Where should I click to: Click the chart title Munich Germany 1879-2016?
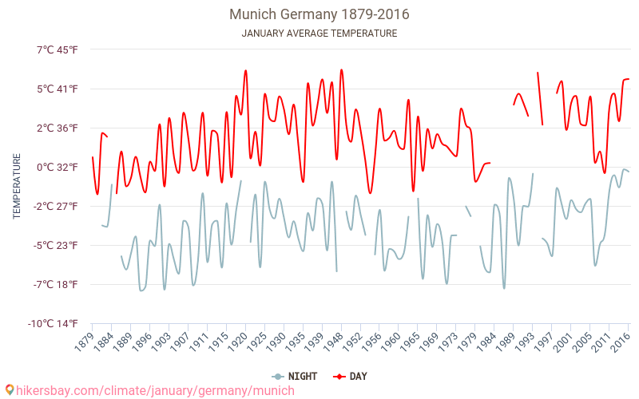[x=319, y=14]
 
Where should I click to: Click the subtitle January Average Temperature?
[x=319, y=34]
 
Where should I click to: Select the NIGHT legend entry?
[x=296, y=376]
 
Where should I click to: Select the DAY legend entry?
[x=351, y=376]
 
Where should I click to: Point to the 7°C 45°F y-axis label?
[x=57, y=49]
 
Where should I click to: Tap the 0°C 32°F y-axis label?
[x=57, y=167]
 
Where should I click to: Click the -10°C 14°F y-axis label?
[x=54, y=323]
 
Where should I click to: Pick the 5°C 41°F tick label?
[x=57, y=89]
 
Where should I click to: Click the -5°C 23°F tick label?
[x=55, y=245]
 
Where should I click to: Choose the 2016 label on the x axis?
[x=620, y=342]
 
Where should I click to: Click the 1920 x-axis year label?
[x=237, y=342]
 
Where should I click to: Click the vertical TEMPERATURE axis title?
[x=17, y=187]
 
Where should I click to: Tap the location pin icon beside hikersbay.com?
[x=10, y=390]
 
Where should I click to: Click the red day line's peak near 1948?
[x=341, y=69]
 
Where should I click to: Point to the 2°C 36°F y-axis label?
[x=57, y=128]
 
